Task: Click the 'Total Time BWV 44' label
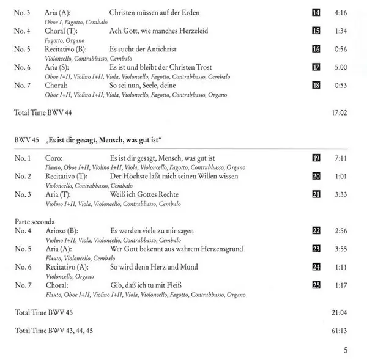tap(42, 113)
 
